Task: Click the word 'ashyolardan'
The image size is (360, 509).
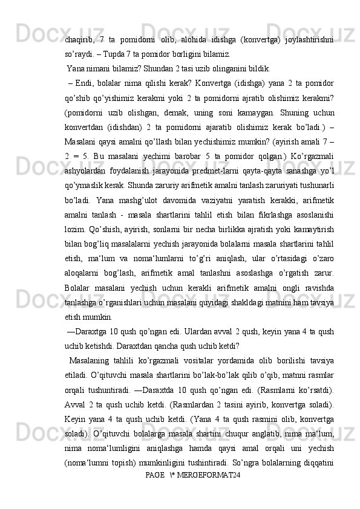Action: click(x=85, y=172)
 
